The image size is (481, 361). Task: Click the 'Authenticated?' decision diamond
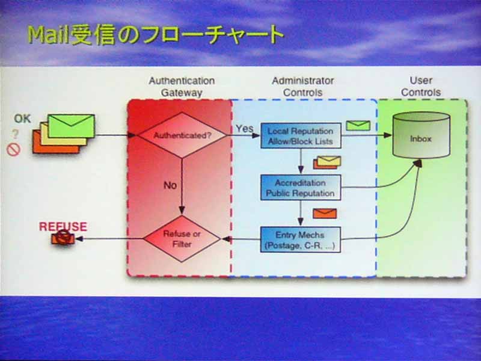point(182,135)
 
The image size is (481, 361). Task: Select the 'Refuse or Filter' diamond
point(182,239)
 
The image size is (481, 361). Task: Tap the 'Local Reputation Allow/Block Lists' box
point(301,136)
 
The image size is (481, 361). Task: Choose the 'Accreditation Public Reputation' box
point(301,188)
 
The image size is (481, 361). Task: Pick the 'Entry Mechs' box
point(301,239)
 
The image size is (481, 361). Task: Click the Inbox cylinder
point(421,135)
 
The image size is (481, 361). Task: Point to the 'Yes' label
point(245,128)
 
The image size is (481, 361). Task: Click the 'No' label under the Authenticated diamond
point(170,185)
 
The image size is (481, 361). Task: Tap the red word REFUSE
point(63,227)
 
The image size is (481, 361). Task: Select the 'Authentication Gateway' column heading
point(182,87)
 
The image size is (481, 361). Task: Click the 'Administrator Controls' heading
point(303,86)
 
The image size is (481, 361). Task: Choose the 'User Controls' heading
point(421,86)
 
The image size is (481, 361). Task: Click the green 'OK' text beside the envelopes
point(22,119)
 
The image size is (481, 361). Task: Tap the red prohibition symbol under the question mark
point(13,150)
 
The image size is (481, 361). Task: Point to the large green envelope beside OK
point(72,126)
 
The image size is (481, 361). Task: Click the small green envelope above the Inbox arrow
point(358,126)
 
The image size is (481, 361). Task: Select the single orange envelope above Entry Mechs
point(325,214)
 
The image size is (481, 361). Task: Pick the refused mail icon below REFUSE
point(63,238)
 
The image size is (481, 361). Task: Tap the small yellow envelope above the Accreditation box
point(329,161)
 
